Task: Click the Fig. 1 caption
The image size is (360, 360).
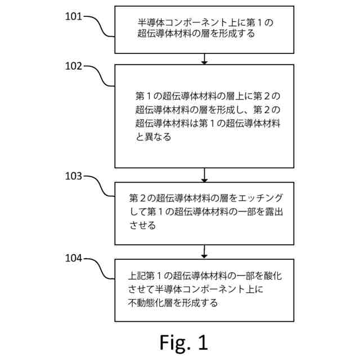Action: click(183, 342)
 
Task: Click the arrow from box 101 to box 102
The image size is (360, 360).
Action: click(205, 58)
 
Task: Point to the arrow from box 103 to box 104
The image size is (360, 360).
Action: click(205, 252)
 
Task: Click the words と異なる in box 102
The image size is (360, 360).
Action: click(153, 137)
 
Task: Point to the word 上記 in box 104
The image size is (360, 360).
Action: click(137, 276)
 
